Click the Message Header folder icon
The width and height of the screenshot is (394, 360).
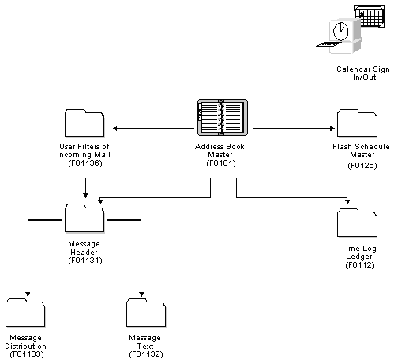pos(84,219)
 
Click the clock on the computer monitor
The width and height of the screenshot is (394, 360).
pos(340,32)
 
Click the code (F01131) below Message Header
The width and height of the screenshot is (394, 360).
pos(84,259)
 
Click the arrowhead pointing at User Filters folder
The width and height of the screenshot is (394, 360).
pos(116,126)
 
